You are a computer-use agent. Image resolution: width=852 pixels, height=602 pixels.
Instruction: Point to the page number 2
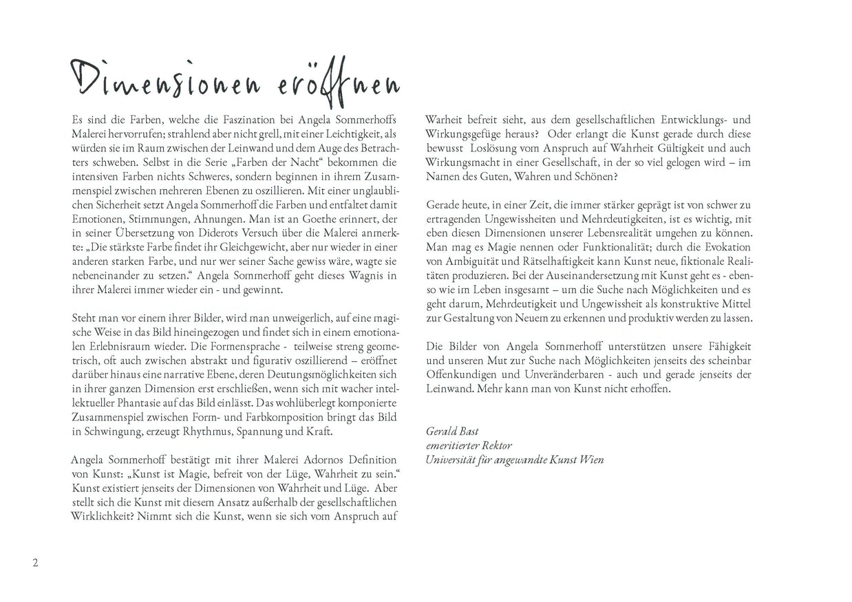point(35,563)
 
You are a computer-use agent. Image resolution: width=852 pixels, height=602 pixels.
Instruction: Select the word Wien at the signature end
point(590,459)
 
